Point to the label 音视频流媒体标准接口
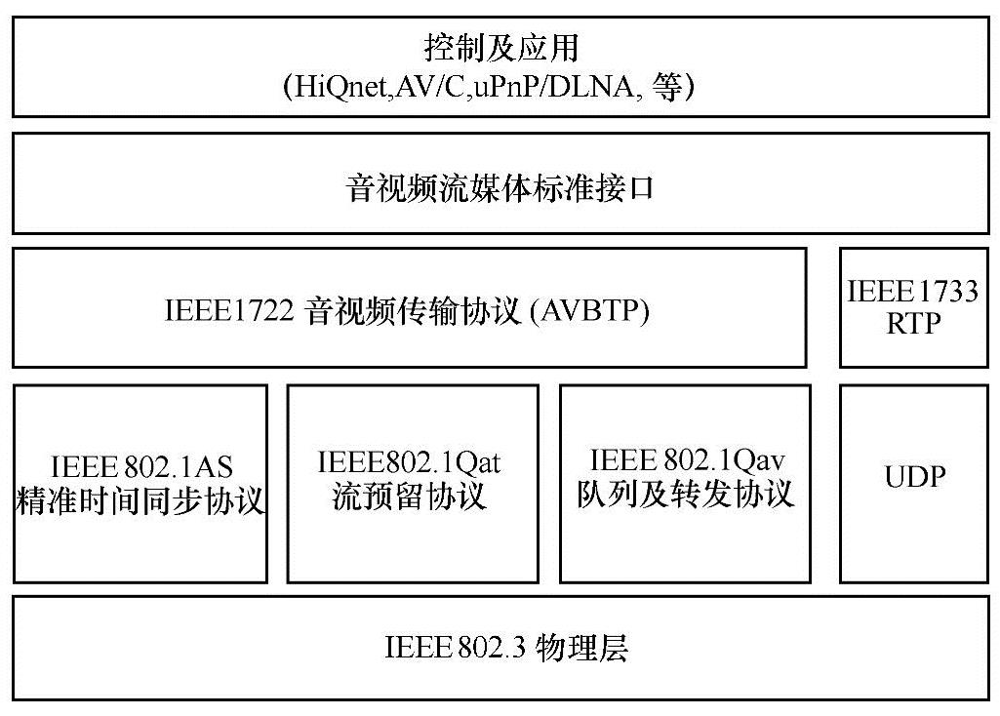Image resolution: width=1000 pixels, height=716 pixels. click(500, 187)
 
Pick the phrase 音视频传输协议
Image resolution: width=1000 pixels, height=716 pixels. click(424, 312)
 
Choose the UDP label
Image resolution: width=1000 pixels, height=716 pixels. click(915, 478)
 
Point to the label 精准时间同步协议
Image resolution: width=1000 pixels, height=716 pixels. click(141, 500)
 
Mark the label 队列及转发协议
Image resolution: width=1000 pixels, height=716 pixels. click(685, 493)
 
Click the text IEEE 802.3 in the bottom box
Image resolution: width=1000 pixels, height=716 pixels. click(457, 648)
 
